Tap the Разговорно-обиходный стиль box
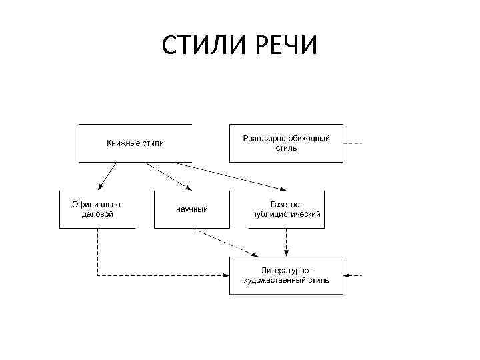click(286, 143)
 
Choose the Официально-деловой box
click(97, 209)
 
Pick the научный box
click(192, 209)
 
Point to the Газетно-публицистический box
click(287, 209)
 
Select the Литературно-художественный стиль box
click(286, 275)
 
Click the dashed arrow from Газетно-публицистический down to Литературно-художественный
click(287, 243)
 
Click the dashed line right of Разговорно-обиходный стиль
click(355, 143)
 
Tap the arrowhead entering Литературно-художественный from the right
click(348, 275)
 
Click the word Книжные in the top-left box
click(121, 143)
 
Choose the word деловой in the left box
click(97, 214)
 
